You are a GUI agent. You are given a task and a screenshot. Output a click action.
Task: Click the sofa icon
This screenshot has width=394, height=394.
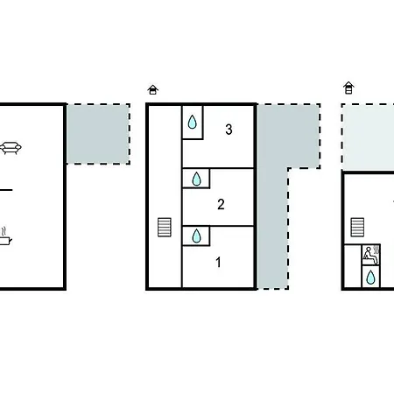[11, 148]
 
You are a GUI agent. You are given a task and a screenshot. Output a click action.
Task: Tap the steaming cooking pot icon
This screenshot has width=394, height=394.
[5, 237]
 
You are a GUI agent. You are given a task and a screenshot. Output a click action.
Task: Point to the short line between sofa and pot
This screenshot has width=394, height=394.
[6, 190]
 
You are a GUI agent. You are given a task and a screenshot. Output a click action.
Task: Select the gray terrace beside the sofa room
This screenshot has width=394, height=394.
[98, 134]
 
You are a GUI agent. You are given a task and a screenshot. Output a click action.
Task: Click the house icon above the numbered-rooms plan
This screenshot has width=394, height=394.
[152, 89]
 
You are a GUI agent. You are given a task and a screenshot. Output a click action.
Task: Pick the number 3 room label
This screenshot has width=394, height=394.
[229, 130]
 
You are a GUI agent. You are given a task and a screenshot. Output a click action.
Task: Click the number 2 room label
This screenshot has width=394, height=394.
[221, 204]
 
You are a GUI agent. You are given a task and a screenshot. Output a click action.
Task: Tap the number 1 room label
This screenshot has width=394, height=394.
[218, 262]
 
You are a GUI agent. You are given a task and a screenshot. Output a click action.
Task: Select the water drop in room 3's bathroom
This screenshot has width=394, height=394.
[192, 122]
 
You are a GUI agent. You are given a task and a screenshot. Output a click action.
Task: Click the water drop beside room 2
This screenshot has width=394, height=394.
[196, 179]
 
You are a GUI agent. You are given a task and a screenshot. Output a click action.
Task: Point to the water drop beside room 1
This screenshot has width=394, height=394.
[196, 236]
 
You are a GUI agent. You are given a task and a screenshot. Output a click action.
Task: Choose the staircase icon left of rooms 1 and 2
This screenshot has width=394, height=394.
[165, 227]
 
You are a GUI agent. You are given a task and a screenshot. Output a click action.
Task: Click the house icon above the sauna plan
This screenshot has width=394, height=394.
[348, 88]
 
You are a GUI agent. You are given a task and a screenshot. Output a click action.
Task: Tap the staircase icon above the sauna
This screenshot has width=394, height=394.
[357, 227]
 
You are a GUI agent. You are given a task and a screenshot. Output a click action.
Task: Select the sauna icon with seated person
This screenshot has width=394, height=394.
[371, 255]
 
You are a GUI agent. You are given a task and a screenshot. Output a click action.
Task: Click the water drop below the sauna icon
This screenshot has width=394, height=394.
[370, 277]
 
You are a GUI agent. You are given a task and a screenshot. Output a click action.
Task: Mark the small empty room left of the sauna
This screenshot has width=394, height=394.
[353, 266]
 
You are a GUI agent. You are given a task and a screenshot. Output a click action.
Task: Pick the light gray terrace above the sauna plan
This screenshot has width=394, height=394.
[369, 137]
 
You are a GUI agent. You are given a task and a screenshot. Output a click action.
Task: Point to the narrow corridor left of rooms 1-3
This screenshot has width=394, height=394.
[165, 197]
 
